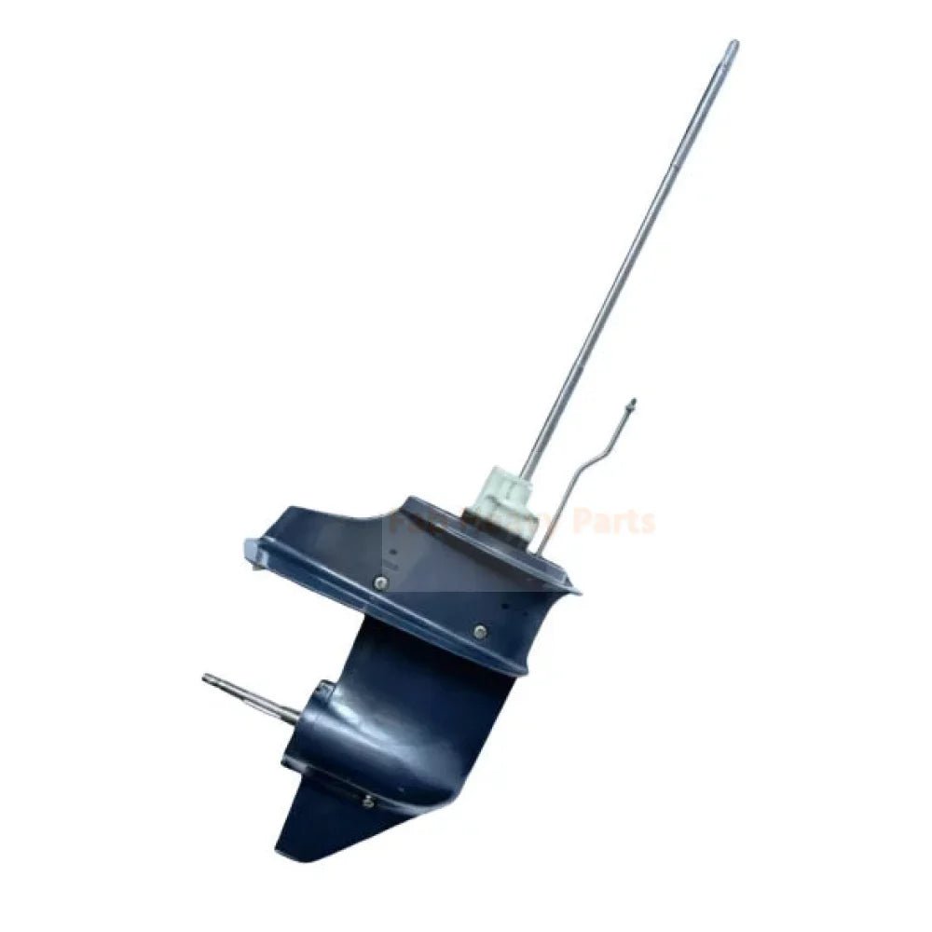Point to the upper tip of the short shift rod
point(632,403)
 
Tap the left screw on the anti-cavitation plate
point(380,582)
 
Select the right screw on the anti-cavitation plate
point(479,632)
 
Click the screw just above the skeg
point(369,801)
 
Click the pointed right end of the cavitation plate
point(575,589)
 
